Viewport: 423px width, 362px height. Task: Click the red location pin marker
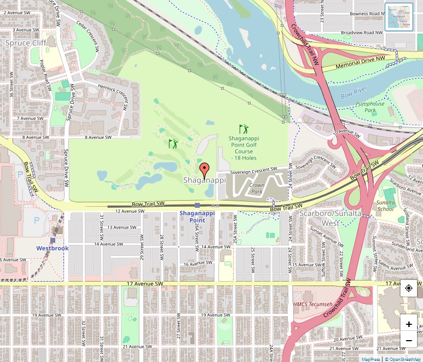(204, 171)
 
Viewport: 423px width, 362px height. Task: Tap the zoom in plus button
(409, 324)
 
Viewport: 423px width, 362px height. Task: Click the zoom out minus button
(409, 340)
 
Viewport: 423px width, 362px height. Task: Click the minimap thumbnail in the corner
(398, 17)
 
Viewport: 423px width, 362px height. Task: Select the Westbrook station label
(53, 248)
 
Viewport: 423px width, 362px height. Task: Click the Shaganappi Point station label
(197, 217)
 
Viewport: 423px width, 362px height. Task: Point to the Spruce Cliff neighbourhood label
(22, 42)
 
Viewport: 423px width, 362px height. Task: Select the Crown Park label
(257, 189)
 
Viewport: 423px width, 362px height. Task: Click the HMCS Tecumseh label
(313, 304)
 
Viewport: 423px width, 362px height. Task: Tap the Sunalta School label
(385, 205)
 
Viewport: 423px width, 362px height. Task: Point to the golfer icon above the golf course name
(244, 130)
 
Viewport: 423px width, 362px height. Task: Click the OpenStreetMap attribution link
(403, 359)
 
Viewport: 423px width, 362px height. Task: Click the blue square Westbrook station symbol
(53, 240)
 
